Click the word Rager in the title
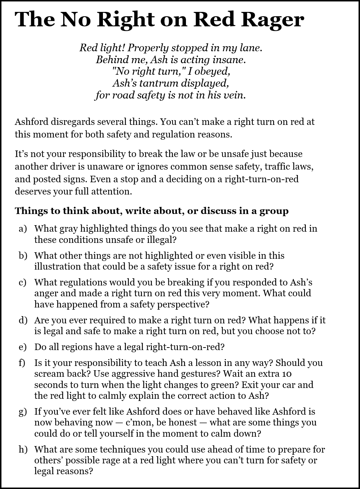(276, 20)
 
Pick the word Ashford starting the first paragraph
(31, 122)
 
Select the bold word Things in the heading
(28, 211)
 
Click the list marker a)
(23, 229)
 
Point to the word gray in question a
(68, 229)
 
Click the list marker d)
(23, 320)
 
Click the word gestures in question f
(202, 374)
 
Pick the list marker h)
(23, 450)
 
